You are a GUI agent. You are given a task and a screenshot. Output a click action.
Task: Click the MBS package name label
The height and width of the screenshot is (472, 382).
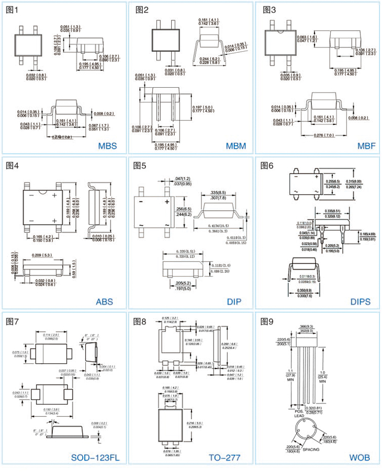[107, 146]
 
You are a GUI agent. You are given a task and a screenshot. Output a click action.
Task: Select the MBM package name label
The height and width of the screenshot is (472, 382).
[235, 146]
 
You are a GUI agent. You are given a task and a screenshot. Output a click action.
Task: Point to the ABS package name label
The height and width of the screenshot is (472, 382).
[104, 302]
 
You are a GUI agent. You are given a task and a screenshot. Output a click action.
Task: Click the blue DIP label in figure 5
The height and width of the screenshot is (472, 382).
[234, 302]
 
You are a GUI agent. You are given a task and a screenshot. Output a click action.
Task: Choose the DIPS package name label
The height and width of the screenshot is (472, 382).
[361, 302]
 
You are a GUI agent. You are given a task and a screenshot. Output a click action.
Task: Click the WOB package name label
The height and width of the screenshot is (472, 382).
[360, 458]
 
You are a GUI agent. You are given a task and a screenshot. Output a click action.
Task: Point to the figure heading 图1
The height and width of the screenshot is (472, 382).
[12, 10]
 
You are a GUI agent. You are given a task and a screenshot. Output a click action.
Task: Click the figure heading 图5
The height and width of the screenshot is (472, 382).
[140, 166]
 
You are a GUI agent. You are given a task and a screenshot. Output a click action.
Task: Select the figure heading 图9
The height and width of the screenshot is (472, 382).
[267, 321]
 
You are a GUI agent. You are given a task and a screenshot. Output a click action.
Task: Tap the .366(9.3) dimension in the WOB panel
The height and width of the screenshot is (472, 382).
[307, 327]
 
